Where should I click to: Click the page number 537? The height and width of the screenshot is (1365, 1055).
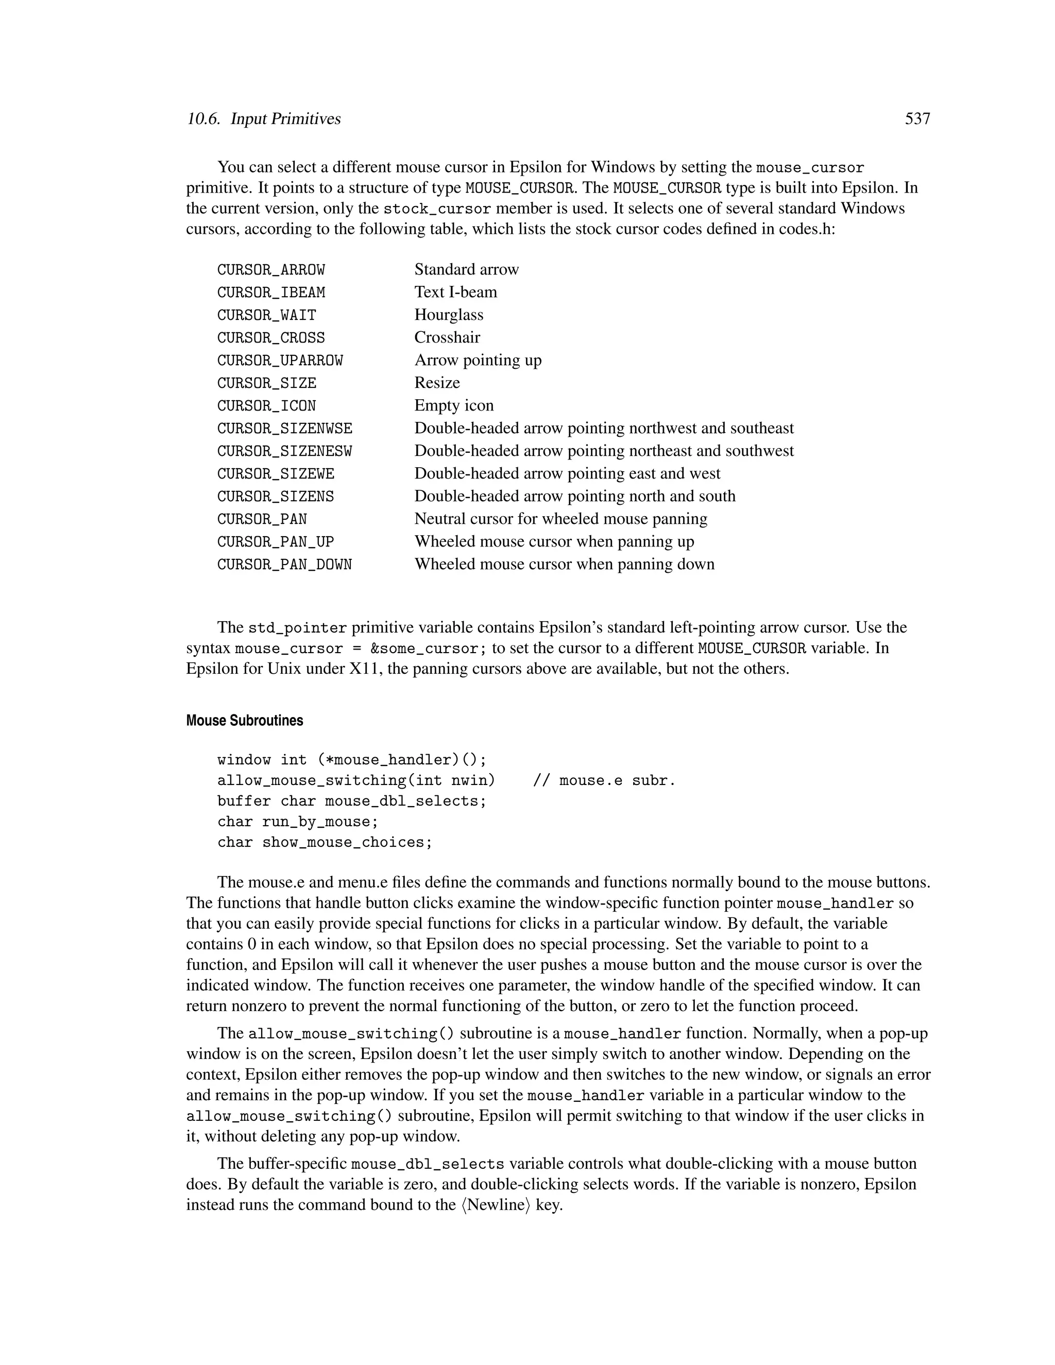coord(917,119)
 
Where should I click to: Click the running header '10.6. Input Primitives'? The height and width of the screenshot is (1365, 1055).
coord(263,119)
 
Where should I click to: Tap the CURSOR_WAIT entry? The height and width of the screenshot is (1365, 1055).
coord(266,315)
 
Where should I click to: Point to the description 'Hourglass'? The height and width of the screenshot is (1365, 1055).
coord(448,315)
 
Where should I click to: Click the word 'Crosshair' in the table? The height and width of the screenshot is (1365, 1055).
coord(447,337)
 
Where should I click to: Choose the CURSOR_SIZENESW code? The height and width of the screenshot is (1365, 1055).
coord(284,451)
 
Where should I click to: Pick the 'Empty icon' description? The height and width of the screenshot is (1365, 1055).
coord(454,405)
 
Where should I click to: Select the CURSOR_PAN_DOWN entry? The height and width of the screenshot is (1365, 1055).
coord(284,565)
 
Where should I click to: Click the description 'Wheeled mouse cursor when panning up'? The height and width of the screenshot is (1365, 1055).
coord(554,542)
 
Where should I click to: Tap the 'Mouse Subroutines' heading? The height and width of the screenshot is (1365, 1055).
coord(244,721)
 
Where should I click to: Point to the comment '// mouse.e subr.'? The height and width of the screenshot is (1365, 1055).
coord(604,780)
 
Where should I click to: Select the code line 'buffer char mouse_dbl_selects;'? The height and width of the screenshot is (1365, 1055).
coord(351,801)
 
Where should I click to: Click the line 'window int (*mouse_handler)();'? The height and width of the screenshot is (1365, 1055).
coord(351,760)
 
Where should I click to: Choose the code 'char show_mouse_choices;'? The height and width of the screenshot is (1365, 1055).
coord(325,843)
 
